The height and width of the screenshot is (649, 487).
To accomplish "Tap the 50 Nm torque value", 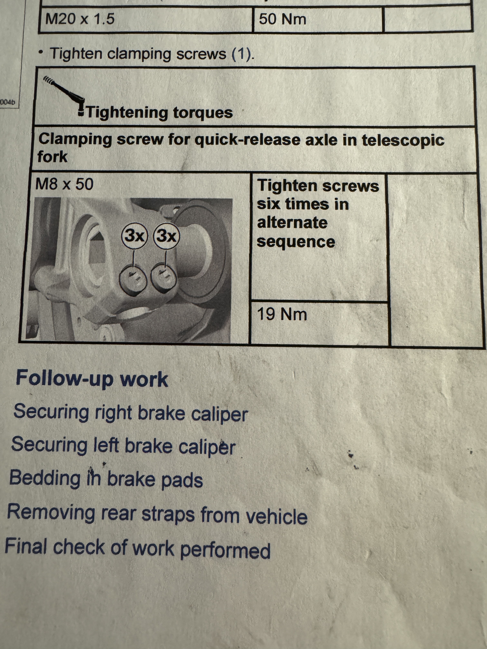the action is (x=282, y=19).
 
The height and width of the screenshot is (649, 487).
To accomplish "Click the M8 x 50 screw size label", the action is (x=64, y=184).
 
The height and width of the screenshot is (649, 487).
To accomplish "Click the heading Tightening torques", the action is (x=160, y=112).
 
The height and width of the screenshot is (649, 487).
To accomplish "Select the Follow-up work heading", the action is (x=92, y=379).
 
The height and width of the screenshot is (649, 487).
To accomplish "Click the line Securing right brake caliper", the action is (x=131, y=413).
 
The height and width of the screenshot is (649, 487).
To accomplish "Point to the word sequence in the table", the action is (x=296, y=242).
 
